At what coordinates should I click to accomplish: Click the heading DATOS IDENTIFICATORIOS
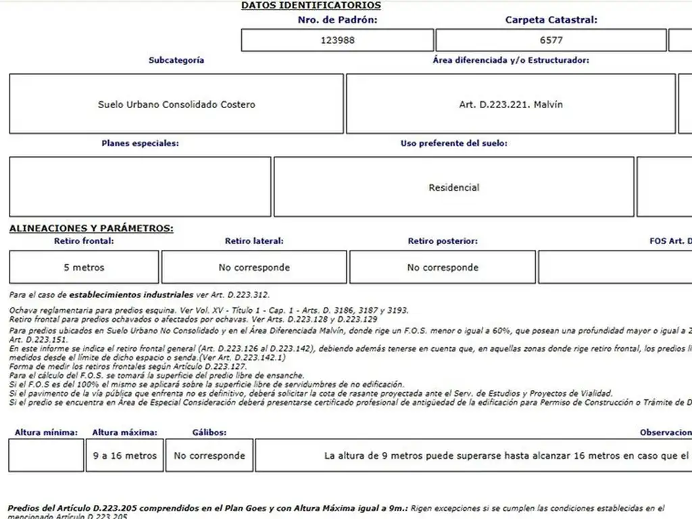[x=311, y=5]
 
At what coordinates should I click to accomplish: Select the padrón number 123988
[x=337, y=41]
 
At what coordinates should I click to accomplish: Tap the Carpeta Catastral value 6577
[x=551, y=41]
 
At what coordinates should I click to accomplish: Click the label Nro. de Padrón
[x=337, y=20]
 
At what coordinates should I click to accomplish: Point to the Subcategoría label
[x=176, y=60]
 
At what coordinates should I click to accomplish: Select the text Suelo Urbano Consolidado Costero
[x=176, y=105]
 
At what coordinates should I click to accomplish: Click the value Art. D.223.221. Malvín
[x=510, y=105]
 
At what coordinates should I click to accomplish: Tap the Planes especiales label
[x=141, y=144]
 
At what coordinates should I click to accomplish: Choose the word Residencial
[x=453, y=188]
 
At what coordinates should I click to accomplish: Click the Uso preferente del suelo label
[x=453, y=144]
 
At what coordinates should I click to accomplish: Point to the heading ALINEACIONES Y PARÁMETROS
[x=91, y=229]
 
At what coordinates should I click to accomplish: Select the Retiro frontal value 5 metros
[x=84, y=268]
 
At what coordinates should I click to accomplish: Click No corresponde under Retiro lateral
[x=254, y=268]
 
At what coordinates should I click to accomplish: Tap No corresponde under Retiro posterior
[x=443, y=268]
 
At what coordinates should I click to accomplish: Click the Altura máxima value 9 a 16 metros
[x=125, y=456]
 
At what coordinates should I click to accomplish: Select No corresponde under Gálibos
[x=209, y=456]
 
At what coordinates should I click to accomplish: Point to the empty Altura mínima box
[x=47, y=455]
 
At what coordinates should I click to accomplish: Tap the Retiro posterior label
[x=443, y=241]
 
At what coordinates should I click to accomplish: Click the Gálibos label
[x=209, y=432]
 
